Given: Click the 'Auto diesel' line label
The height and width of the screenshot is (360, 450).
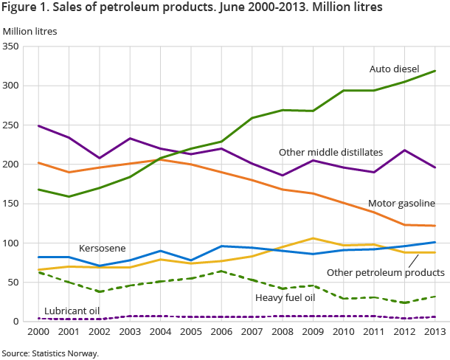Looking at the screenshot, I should [394, 69].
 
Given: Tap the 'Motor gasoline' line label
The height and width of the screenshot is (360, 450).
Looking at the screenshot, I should [401, 203].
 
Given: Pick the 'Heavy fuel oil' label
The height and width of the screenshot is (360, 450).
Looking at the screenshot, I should [285, 297].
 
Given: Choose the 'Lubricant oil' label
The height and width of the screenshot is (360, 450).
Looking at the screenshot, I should [72, 311].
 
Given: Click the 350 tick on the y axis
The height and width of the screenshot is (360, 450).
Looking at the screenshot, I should [11, 46].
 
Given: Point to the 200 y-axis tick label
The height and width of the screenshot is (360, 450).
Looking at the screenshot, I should [11, 165].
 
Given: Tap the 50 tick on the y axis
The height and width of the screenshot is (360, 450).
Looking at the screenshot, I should [13, 283].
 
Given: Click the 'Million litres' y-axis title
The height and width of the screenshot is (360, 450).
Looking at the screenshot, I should [30, 31].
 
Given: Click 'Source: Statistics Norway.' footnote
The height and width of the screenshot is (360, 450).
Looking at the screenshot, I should [50, 353].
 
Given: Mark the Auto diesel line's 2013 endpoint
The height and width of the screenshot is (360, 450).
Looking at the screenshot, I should [435, 71].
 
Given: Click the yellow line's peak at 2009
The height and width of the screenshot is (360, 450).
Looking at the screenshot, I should [314, 238].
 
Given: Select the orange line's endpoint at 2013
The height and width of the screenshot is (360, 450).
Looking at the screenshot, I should [435, 226].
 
